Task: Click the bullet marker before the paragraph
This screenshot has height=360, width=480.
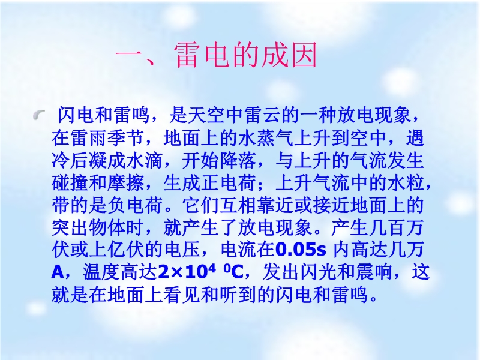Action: coord(39,115)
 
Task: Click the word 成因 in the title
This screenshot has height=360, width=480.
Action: coord(289,55)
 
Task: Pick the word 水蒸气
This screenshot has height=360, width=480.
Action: coord(266,138)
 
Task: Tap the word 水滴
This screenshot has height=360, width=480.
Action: coord(145,160)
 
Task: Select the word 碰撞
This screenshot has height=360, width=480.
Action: coord(70,183)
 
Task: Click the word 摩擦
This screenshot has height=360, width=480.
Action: coord(126,183)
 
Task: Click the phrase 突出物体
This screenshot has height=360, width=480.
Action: coord(89,228)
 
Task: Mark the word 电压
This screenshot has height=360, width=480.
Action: coord(182,250)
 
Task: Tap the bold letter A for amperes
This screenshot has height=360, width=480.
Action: coord(57,272)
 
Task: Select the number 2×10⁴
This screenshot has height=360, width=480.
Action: coord(187,272)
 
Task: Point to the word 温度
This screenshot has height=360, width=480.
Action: coord(101,273)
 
